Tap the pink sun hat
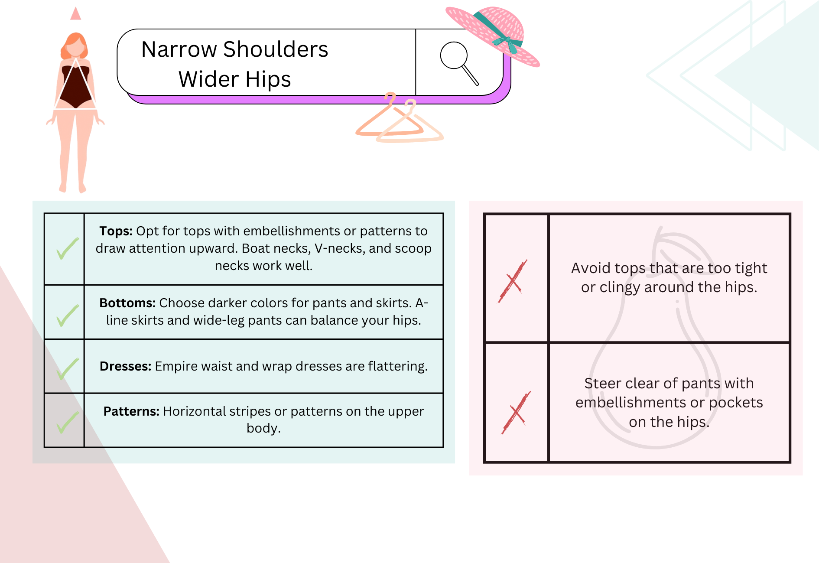pyautogui.click(x=492, y=36)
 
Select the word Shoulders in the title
pyautogui.click(x=276, y=49)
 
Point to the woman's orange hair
pyautogui.click(x=74, y=46)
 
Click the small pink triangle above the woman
pyautogui.click(x=76, y=13)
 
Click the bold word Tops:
pyautogui.click(x=116, y=231)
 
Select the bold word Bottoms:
pyautogui.click(x=127, y=303)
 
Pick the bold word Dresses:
pyautogui.click(x=125, y=366)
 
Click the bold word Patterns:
pyautogui.click(x=131, y=411)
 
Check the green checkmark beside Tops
pyautogui.click(x=68, y=248)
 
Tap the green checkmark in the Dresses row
pyautogui.click(x=68, y=369)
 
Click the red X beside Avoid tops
pyautogui.click(x=513, y=281)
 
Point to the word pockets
pyautogui.click(x=736, y=403)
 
